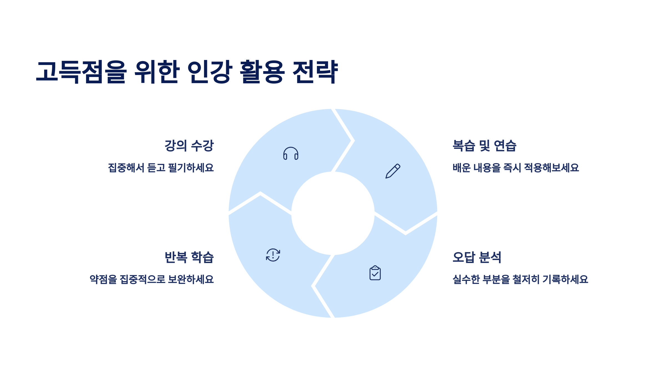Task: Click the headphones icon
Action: tap(291, 153)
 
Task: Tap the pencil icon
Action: tap(393, 171)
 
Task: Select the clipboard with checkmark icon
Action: tap(375, 273)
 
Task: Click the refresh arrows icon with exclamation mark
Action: tap(273, 255)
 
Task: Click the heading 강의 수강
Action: tap(189, 146)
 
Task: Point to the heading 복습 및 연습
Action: tap(484, 146)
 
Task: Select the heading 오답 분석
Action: tap(477, 257)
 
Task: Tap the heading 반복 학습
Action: tap(189, 257)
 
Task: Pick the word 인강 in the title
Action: tap(210, 72)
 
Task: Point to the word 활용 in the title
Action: tap(262, 72)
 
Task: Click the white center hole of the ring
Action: tap(333, 213)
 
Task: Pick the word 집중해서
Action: tap(126, 168)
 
